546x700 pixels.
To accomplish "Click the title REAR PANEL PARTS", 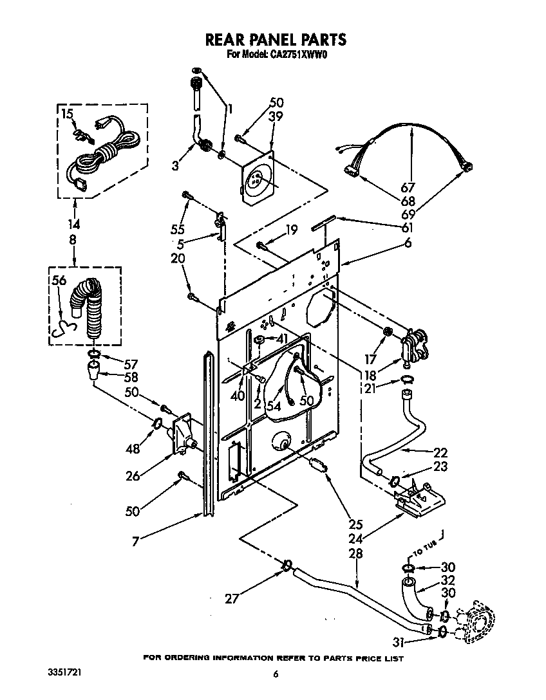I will [275, 40].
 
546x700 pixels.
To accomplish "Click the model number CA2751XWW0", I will [297, 55].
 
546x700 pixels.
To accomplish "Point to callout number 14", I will [74, 226].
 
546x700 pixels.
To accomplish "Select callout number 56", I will [59, 281].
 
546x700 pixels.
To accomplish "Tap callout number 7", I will [135, 542].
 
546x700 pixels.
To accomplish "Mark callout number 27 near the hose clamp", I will [232, 598].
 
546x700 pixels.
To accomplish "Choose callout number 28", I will [355, 553].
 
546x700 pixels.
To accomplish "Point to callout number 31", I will [400, 641].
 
